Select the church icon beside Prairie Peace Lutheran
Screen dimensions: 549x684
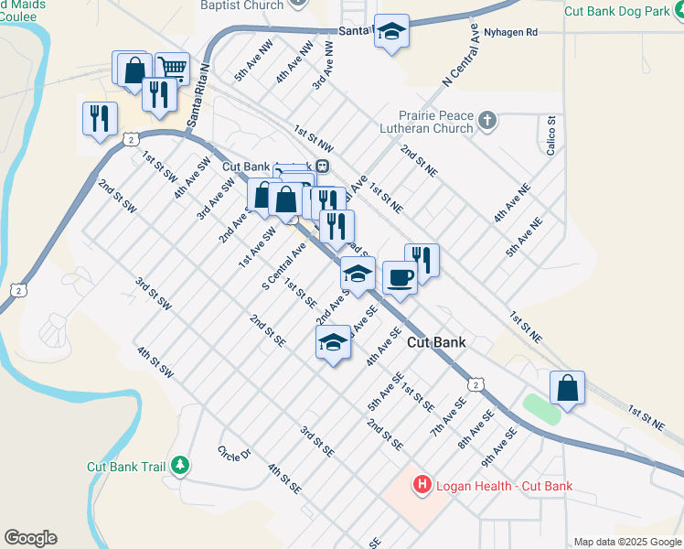487,120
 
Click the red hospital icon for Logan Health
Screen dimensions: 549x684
422,485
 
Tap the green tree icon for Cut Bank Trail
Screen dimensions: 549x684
180,466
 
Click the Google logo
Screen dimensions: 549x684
30,538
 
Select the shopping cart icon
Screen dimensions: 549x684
171,67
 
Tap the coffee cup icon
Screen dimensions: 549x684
399,276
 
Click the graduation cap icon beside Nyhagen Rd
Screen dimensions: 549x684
391,31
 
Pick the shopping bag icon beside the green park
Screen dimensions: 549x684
567,386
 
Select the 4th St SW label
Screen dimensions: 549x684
155,361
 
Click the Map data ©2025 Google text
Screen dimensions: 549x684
626,542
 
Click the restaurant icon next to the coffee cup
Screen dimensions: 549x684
422,259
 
